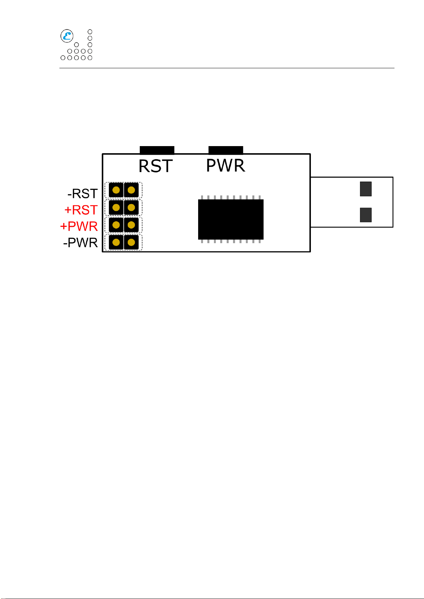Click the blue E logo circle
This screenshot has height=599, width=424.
click(67, 36)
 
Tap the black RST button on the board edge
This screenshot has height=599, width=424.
click(157, 150)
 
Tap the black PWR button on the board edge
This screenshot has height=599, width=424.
click(226, 150)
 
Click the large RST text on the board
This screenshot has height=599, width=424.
click(156, 166)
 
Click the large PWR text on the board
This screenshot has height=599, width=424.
click(226, 165)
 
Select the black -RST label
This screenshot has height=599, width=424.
click(83, 194)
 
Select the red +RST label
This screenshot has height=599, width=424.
click(81, 210)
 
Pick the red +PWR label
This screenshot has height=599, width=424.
click(79, 226)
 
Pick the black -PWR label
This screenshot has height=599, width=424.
click(80, 242)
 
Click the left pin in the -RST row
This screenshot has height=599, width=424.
click(116, 190)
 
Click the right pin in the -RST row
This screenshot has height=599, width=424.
click(131, 190)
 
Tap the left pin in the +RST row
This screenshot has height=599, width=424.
click(116, 208)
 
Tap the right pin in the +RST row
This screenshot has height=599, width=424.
click(131, 208)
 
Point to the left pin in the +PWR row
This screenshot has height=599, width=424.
click(116, 225)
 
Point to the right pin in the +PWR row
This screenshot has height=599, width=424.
click(131, 225)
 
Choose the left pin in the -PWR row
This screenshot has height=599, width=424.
click(116, 242)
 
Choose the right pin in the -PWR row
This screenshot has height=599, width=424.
click(131, 242)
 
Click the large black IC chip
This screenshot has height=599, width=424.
click(230, 219)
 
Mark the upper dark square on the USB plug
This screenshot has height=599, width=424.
click(366, 189)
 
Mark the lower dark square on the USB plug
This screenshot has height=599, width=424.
click(366, 215)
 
